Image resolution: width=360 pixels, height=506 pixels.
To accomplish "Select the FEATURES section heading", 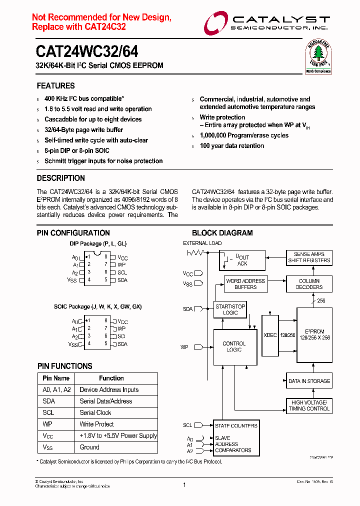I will coord(55,86).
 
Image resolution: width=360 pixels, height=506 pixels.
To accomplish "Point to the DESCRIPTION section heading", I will coord(60,178).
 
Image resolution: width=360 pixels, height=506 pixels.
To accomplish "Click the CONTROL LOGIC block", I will coord(234,346).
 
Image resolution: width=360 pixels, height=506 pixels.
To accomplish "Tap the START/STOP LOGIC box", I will coord(230,309).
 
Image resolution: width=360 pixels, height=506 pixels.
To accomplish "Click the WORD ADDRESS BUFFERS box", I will coord(245,284).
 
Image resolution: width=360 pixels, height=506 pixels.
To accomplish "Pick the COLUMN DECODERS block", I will coord(308,284).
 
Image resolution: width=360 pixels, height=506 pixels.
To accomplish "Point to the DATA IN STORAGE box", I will coord(309,381).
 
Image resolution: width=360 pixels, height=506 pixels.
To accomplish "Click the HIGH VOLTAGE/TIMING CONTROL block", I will coord(309,405).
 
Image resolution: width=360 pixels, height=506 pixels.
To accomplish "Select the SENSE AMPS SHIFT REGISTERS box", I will coord(309,257).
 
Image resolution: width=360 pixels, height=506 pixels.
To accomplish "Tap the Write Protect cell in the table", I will coord(97,424).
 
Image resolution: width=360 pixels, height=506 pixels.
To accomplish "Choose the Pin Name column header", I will coord(56,378).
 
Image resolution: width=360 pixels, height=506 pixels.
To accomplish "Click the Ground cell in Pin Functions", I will coord(89,447).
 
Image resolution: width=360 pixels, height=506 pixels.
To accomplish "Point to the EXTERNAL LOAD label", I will coord(202,243).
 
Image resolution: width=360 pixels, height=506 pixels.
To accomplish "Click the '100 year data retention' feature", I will coord(231,146).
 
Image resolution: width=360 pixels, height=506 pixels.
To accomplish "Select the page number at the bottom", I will coord(184,484).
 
